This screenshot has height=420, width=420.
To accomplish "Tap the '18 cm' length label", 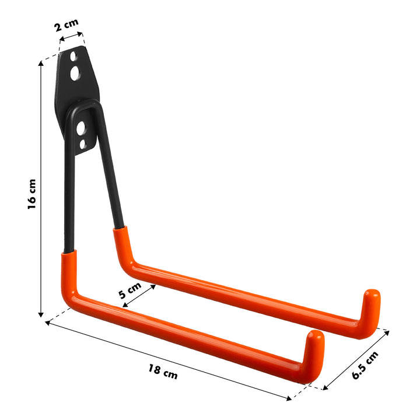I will pyautogui.click(x=163, y=372).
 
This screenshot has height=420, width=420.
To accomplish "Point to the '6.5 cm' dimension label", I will pyautogui.click(x=365, y=366).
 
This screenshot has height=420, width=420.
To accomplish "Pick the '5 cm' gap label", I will pyautogui.click(x=130, y=290).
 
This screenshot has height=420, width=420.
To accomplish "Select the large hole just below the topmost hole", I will pyautogui.click(x=76, y=73).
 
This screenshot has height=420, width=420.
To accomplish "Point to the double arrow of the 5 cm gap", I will pyautogui.click(x=139, y=295).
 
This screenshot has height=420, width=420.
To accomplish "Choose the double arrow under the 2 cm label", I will pyautogui.click(x=71, y=38).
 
